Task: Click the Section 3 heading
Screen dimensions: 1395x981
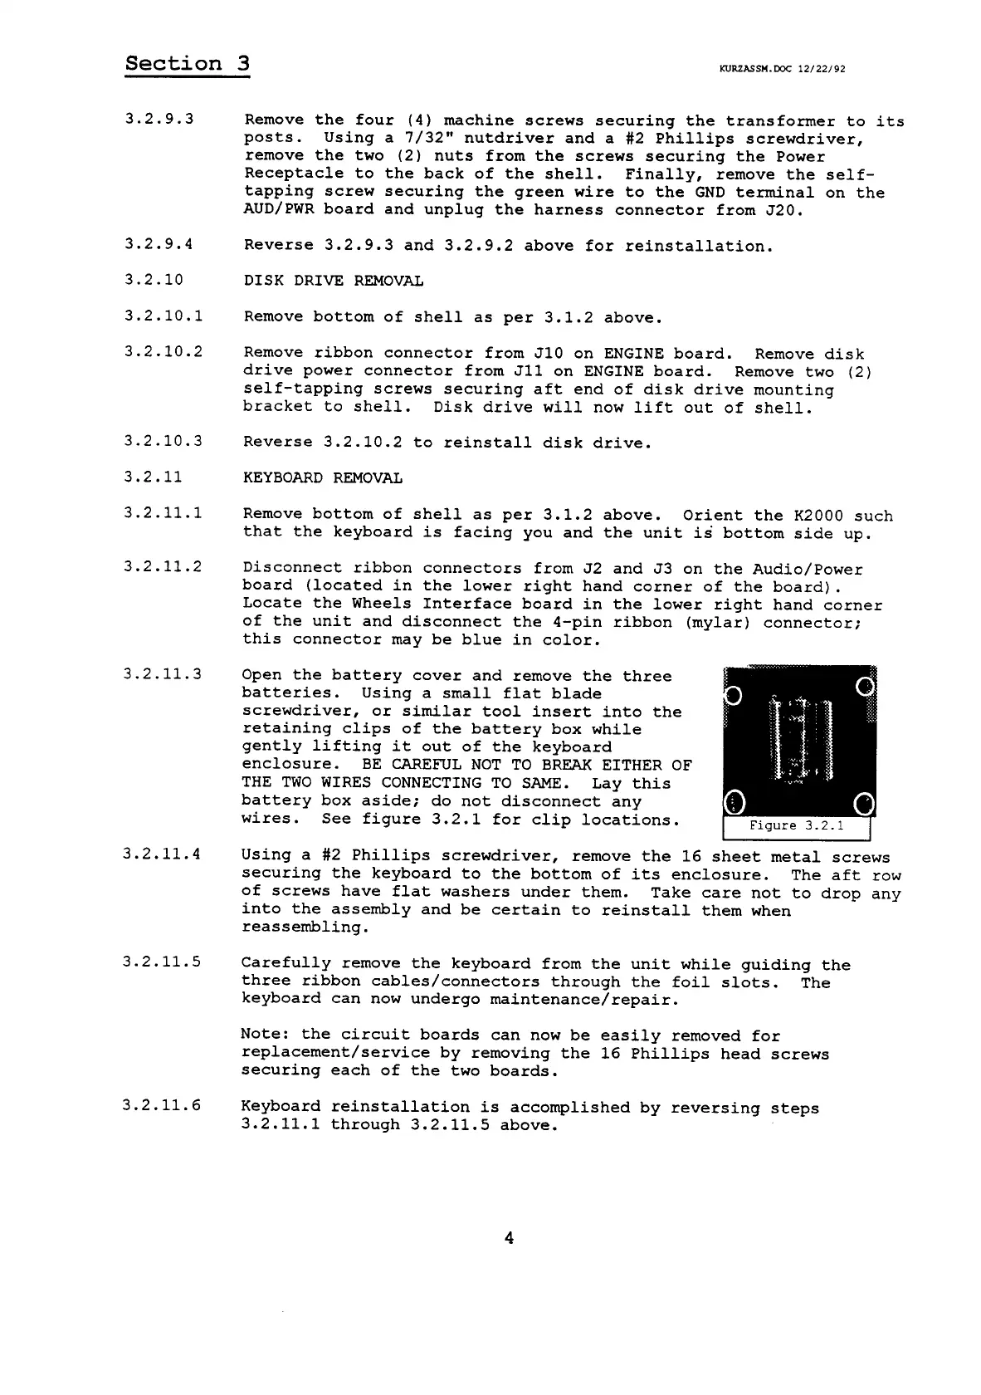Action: [x=188, y=64]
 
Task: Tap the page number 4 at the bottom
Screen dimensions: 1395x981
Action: [x=509, y=1238]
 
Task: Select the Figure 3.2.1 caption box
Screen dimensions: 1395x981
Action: [x=796, y=826]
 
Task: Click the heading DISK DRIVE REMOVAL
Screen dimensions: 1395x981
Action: [x=333, y=281]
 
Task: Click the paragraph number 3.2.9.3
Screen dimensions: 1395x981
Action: [x=159, y=119]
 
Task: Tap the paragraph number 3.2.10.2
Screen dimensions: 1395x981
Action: [x=163, y=351]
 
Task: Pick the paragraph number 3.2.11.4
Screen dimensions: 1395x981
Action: [x=162, y=854]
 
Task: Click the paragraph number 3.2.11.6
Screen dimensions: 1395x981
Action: [x=162, y=1106]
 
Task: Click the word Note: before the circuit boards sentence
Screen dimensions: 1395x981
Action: [x=266, y=1035]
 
